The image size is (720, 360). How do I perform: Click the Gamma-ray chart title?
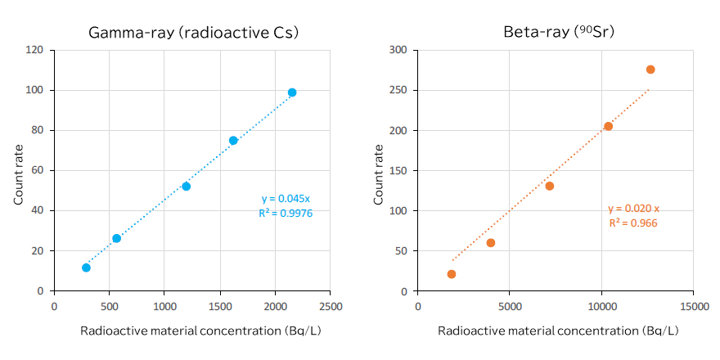193,33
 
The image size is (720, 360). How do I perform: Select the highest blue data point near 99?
292,92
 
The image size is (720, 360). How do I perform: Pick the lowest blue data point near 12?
86,268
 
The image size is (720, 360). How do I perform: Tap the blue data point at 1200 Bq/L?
187,187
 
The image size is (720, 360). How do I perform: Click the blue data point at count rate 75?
233,141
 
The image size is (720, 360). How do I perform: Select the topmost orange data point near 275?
650,70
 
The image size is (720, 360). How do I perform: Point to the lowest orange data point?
452,274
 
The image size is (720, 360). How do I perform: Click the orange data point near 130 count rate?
550,186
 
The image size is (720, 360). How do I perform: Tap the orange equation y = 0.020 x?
633,209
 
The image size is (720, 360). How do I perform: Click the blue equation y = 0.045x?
286,199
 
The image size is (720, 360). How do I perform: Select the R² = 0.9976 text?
286,213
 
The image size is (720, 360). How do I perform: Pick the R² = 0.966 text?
633,223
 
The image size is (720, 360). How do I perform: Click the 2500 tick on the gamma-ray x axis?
330,307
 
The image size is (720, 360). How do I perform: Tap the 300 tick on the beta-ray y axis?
398,50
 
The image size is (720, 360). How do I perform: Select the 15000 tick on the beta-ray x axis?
693,307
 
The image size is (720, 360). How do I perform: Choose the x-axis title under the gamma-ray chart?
192,331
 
